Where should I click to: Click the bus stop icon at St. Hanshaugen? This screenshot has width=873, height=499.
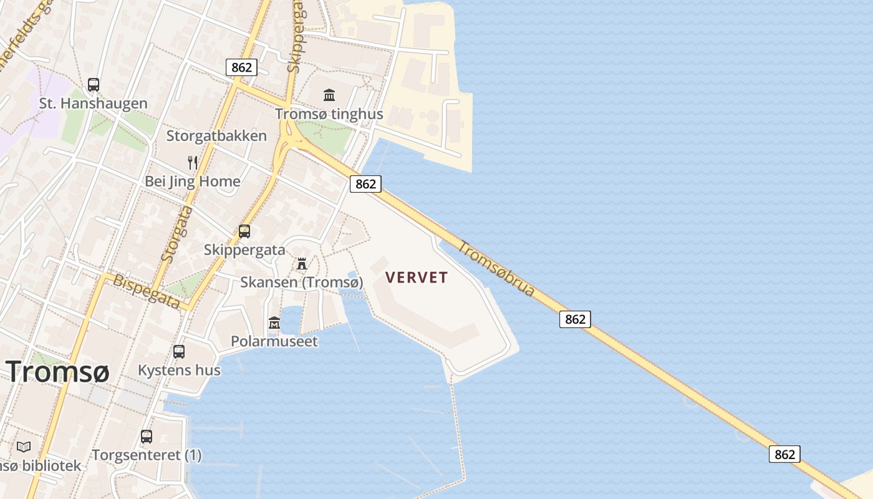[x=94, y=85]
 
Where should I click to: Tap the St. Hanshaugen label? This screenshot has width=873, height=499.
[x=94, y=104]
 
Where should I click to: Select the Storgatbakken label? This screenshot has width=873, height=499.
[x=216, y=136]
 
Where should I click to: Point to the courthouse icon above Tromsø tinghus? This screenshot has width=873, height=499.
[x=329, y=95]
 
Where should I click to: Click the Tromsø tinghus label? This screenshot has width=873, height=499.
[x=321, y=114]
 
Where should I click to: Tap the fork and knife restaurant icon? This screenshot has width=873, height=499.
[x=193, y=163]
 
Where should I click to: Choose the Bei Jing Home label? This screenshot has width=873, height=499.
[x=193, y=182]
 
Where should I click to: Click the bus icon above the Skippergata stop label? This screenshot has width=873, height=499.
[x=244, y=231]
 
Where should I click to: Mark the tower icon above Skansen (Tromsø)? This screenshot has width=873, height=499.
[x=302, y=263]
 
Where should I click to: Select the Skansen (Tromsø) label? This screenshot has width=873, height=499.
[x=302, y=283]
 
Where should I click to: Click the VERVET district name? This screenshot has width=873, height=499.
[x=417, y=278]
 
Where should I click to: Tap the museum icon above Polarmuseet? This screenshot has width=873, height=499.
[x=274, y=322]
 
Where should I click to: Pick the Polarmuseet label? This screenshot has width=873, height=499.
[x=274, y=341]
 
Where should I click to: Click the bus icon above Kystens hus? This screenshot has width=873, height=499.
[x=179, y=351]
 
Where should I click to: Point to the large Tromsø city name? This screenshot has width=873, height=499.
[x=58, y=372]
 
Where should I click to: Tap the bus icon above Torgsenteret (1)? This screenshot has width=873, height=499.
[x=147, y=437]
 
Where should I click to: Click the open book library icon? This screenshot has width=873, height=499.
[x=24, y=447]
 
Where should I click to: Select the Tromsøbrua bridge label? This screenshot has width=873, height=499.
[x=496, y=268]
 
